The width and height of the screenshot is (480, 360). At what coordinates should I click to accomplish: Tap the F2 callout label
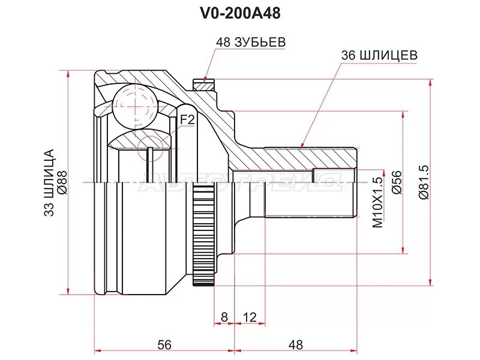[188, 120]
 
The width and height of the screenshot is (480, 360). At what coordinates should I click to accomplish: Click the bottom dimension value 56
[164, 344]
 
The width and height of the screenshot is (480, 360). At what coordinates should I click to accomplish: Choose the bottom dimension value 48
[295, 344]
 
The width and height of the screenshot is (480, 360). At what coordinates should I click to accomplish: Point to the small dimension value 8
[223, 316]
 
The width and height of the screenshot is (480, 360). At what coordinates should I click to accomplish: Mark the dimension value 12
[250, 316]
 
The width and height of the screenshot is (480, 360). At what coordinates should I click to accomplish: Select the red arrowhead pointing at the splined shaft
[302, 144]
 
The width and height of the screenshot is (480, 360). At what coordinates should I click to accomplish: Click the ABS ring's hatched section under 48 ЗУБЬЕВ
[204, 85]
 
